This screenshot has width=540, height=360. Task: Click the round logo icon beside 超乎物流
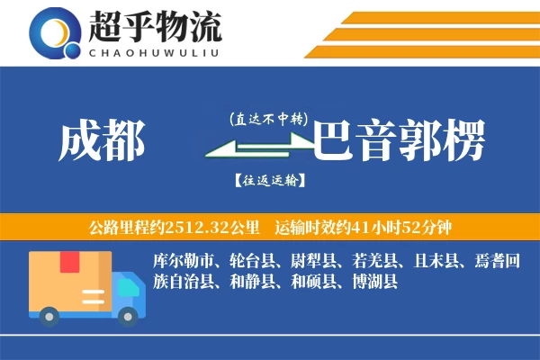pyautogui.click(x=57, y=34)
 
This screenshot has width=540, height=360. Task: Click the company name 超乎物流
pyautogui.click(x=155, y=27)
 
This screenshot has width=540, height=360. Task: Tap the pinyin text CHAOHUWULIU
pyautogui.click(x=155, y=51)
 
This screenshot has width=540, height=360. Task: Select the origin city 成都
pyautogui.click(x=101, y=141)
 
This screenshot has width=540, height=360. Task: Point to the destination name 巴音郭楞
pyautogui.click(x=399, y=141)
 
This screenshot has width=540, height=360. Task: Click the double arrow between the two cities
pyautogui.click(x=261, y=149)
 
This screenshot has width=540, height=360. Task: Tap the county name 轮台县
pyautogui.click(x=244, y=261)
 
